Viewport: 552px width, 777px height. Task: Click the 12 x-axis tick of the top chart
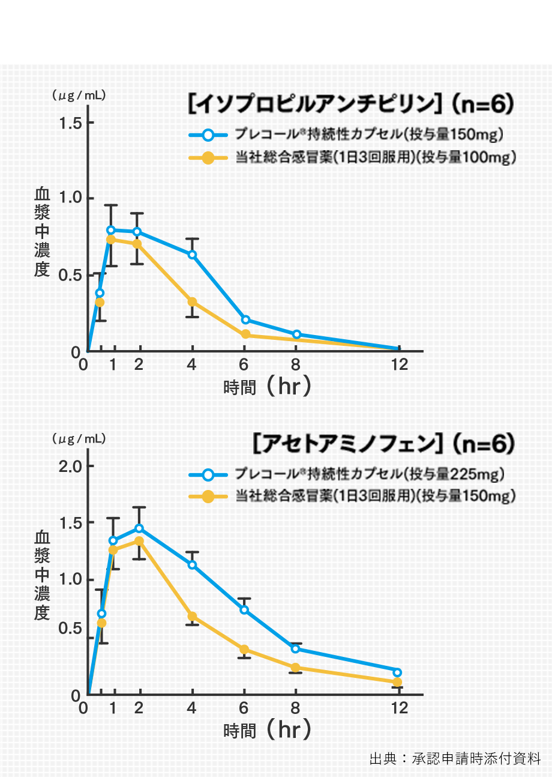pyautogui.click(x=399, y=364)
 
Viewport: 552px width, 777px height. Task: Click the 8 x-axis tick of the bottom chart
pyautogui.click(x=295, y=709)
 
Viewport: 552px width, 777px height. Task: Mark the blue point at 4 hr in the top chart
pyautogui.click(x=193, y=255)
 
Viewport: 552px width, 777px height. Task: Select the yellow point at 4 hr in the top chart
pyautogui.click(x=193, y=301)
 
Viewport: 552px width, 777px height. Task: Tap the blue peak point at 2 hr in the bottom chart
pyautogui.click(x=139, y=528)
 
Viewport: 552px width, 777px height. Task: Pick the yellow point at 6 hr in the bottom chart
pyautogui.click(x=244, y=649)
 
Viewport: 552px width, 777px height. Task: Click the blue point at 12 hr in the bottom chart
pyautogui.click(x=397, y=672)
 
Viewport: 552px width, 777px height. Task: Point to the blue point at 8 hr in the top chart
pyautogui.click(x=296, y=334)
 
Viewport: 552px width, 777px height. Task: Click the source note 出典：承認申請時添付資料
pyautogui.click(x=455, y=758)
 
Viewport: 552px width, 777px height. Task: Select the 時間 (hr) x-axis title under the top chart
pyautogui.click(x=268, y=387)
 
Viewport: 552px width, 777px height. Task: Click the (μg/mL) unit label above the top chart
pyautogui.click(x=79, y=94)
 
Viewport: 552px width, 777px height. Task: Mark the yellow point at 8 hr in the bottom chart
pyautogui.click(x=296, y=668)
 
